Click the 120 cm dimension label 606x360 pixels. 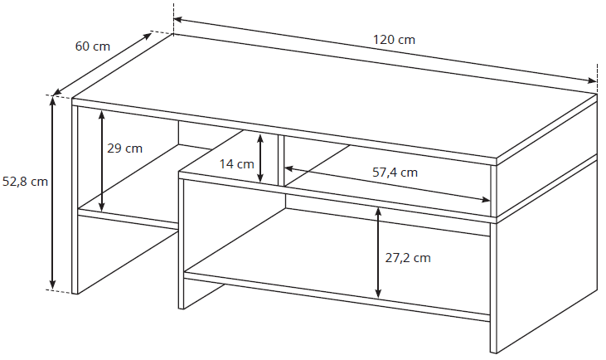pyautogui.click(x=394, y=40)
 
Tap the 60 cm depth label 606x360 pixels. pyautogui.click(x=92, y=46)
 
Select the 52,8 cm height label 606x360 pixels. pyautogui.click(x=25, y=181)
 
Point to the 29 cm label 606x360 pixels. pyautogui.click(x=124, y=148)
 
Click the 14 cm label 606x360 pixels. pyautogui.click(x=236, y=164)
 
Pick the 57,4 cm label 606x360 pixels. pyautogui.click(x=395, y=172)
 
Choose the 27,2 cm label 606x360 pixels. pyautogui.click(x=408, y=257)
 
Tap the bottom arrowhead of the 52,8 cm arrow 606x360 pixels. pyautogui.click(x=53, y=285)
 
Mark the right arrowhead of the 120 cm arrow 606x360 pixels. pyautogui.click(x=592, y=80)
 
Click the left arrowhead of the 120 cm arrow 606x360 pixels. pyautogui.click(x=178, y=19)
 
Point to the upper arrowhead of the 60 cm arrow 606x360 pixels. pyautogui.click(x=148, y=36)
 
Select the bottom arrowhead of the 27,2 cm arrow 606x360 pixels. pyautogui.click(x=378, y=294)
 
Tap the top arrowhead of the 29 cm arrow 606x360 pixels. pyautogui.click(x=102, y=114)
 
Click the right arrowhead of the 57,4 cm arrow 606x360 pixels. pyautogui.click(x=486, y=199)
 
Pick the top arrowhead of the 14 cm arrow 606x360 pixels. pyautogui.click(x=260, y=139)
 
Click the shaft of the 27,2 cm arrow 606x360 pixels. pyautogui.click(x=378, y=253)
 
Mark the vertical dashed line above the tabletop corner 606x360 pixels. pyautogui.click(x=173, y=18)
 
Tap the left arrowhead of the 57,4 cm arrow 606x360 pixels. pyautogui.click(x=289, y=168)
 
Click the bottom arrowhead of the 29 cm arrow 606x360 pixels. pyautogui.click(x=102, y=207)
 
